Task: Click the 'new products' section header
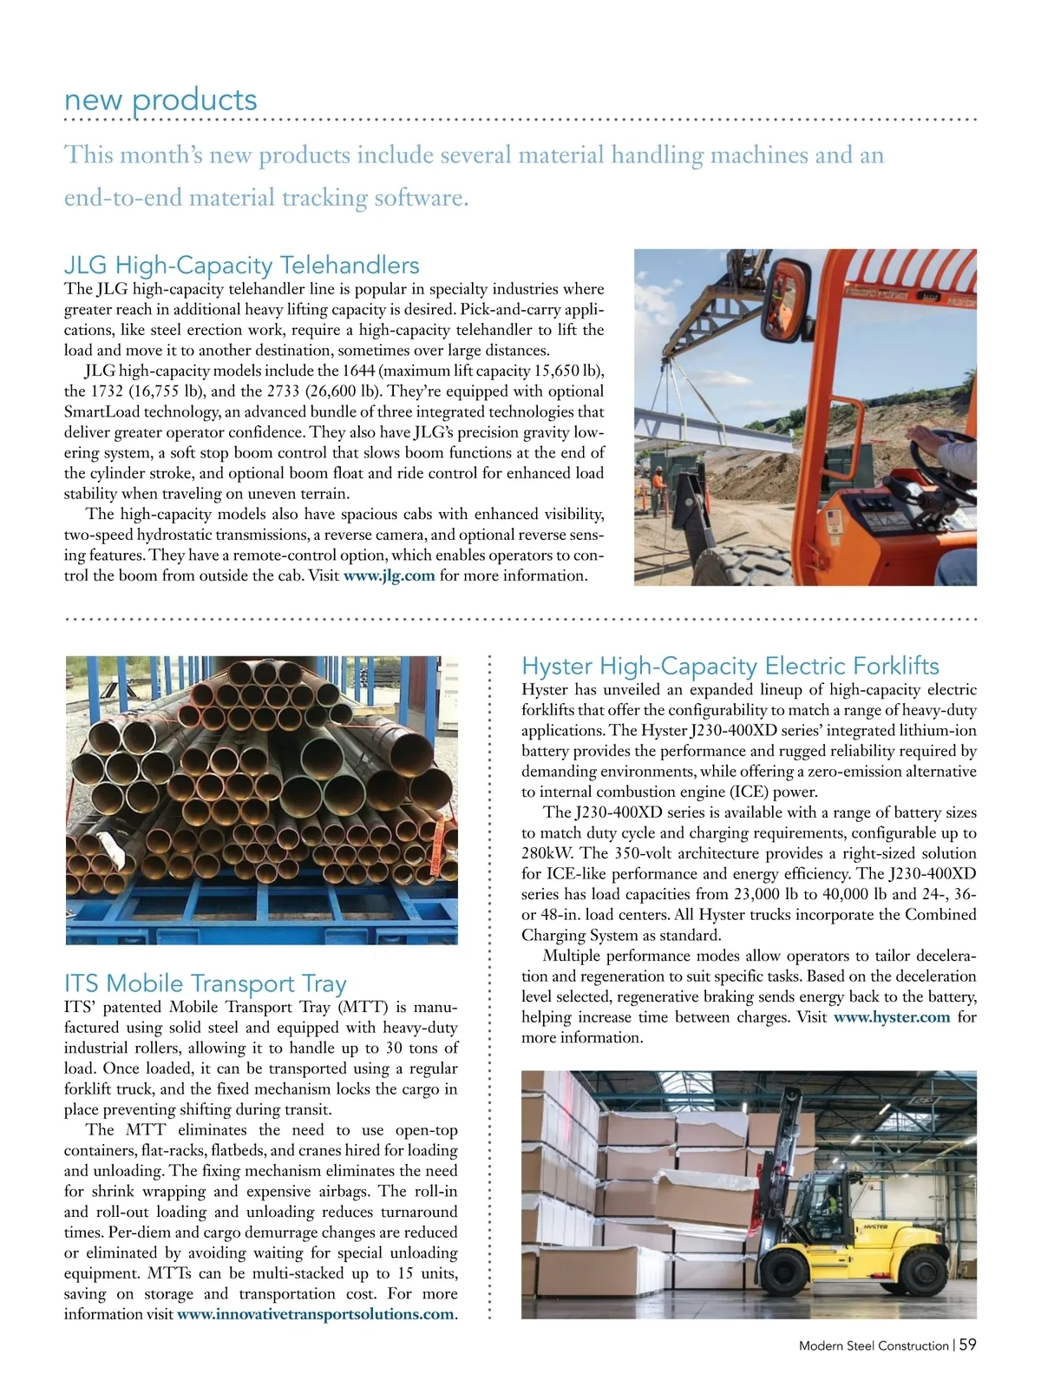(160, 100)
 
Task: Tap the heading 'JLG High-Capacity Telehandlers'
(241, 265)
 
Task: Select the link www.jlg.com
(389, 575)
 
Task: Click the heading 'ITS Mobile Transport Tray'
(205, 983)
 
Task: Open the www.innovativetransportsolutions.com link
(315, 1314)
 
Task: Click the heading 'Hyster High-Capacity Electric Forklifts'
(730, 666)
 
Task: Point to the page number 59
(967, 1345)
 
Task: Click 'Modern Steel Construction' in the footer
(873, 1345)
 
